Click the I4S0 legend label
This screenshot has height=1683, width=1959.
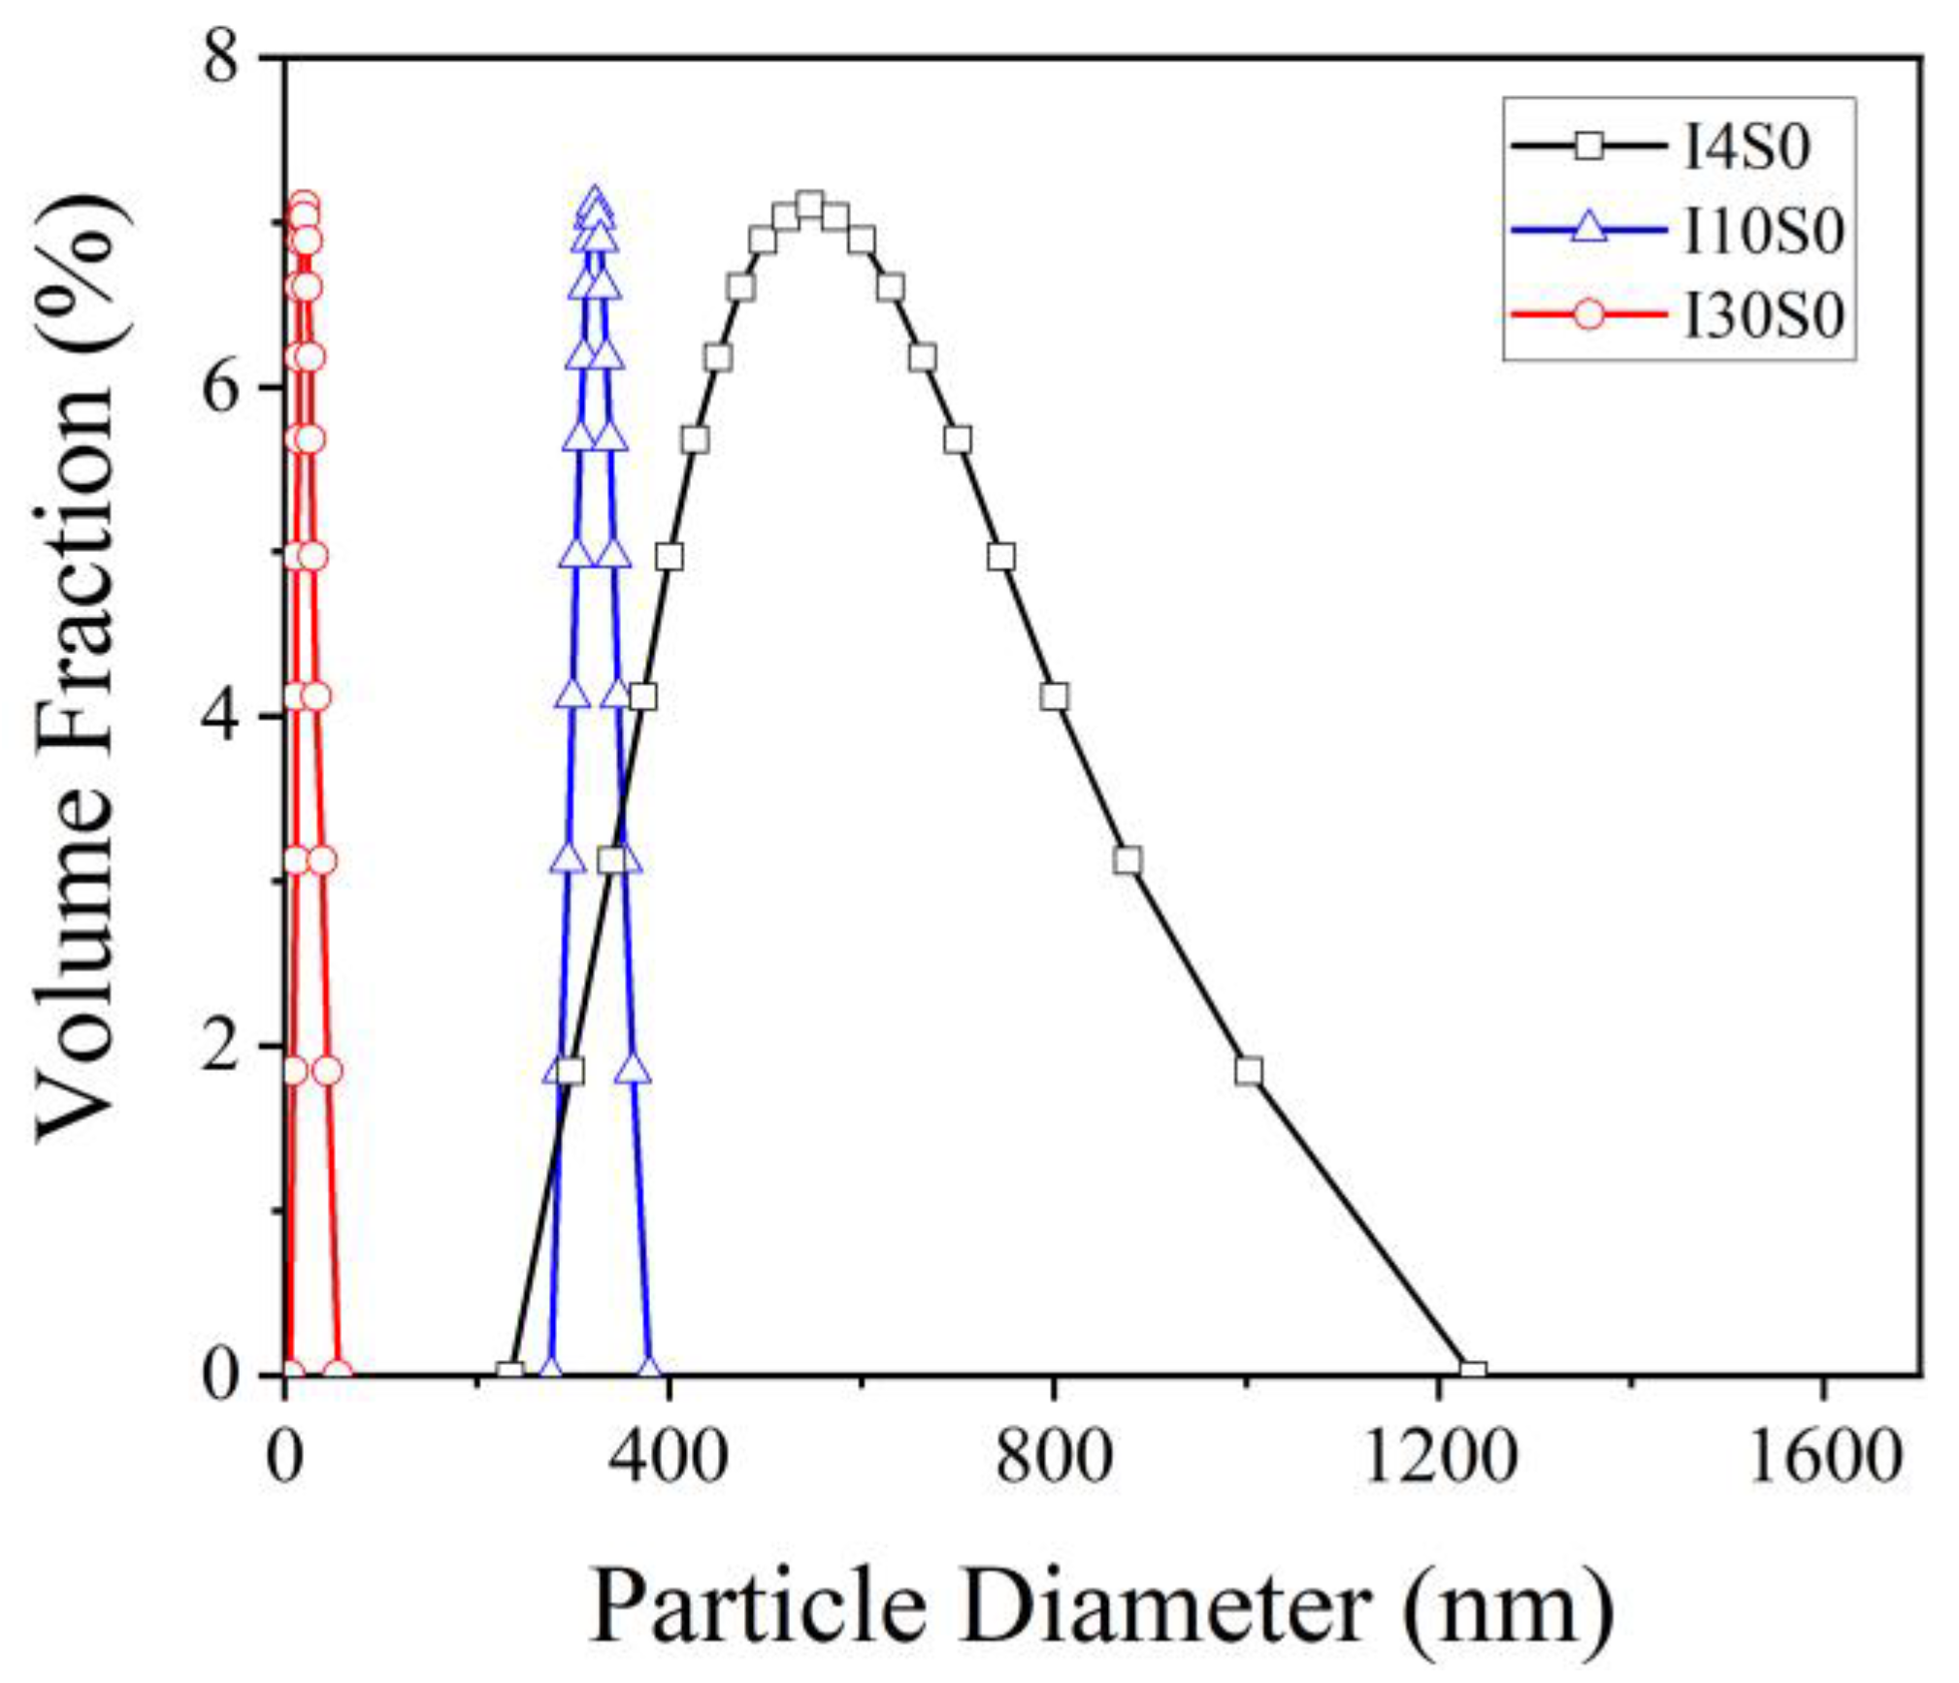click(x=1747, y=149)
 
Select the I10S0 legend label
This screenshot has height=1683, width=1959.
click(x=1762, y=232)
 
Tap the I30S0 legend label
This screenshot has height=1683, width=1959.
click(x=1762, y=315)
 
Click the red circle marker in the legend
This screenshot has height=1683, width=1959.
click(x=1588, y=315)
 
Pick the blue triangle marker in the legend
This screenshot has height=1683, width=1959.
click(x=1588, y=231)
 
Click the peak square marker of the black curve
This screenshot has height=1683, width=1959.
click(x=810, y=206)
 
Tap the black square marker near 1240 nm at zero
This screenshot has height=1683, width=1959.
click(x=1473, y=1372)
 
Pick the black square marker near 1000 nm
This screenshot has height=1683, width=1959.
click(x=1249, y=1071)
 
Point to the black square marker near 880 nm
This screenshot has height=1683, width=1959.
click(x=1126, y=860)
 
